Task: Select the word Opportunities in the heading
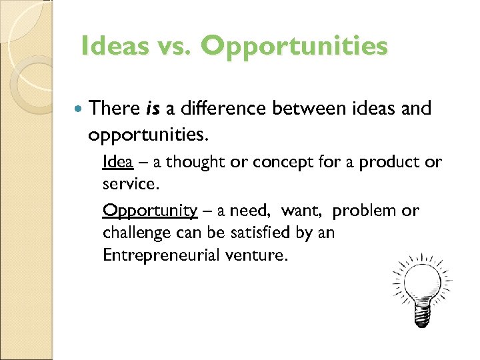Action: [x=293, y=46]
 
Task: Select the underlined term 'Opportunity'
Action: [x=150, y=211]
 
